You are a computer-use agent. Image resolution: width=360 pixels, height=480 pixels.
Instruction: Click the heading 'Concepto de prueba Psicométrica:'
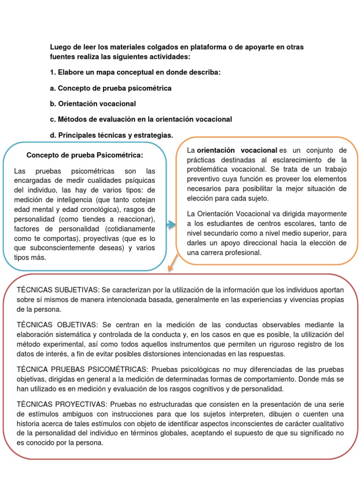point(84,155)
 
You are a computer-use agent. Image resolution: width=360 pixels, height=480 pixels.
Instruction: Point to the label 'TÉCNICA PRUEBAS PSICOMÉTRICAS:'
point(73,370)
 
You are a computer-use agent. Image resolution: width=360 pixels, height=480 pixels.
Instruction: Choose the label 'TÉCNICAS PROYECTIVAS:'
point(57,404)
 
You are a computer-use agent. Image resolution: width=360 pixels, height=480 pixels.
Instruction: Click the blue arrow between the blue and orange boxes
point(171,225)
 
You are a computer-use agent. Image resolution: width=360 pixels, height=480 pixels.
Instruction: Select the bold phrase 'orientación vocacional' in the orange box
point(237,150)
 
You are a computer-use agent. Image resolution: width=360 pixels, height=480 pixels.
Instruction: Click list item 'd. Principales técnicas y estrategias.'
point(111,135)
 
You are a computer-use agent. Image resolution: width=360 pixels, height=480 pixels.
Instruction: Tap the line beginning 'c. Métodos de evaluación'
point(141,119)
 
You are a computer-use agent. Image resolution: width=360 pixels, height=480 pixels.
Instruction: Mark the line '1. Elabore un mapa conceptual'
point(135,72)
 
